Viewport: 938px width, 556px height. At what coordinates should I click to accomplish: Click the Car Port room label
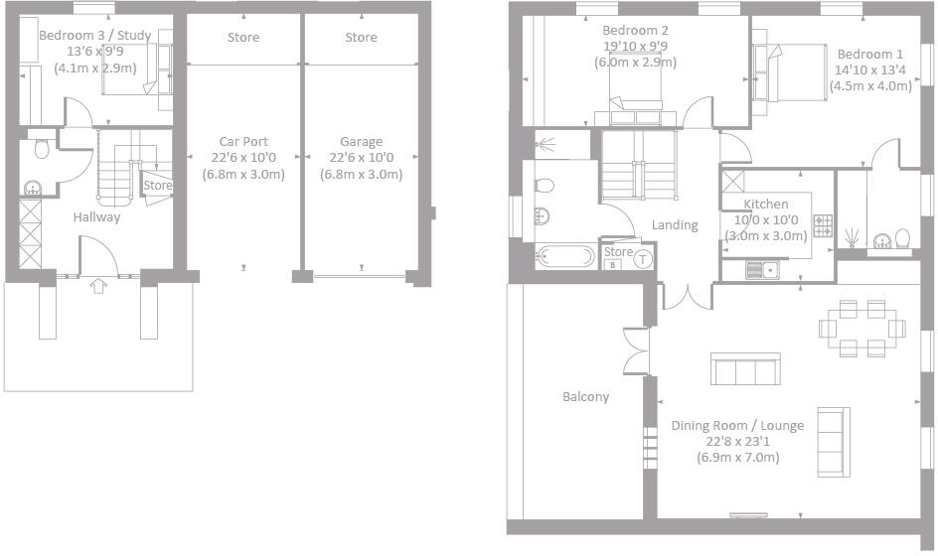[243, 142]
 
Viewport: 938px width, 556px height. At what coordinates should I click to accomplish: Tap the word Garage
[361, 142]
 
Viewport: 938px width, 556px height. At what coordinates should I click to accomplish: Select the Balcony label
[585, 397]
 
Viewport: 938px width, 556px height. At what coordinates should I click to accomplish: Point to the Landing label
[675, 225]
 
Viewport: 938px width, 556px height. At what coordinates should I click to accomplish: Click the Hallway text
[96, 217]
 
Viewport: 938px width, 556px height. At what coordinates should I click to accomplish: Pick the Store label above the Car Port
[243, 38]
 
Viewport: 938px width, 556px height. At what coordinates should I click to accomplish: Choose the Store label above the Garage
[361, 38]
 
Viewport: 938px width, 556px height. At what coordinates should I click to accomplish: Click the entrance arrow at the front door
[97, 287]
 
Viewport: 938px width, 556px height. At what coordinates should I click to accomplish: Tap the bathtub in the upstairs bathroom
[564, 258]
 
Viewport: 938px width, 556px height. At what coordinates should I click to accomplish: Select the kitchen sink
[762, 268]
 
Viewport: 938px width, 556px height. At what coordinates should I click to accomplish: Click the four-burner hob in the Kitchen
[823, 226]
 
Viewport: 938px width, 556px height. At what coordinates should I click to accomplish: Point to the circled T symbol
[642, 260]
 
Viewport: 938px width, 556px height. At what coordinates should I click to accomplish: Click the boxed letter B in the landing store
[613, 264]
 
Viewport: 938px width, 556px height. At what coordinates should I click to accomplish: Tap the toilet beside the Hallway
[41, 149]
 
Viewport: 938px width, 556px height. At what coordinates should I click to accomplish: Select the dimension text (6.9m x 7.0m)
[737, 458]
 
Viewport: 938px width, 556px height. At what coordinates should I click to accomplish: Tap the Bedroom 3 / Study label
[94, 37]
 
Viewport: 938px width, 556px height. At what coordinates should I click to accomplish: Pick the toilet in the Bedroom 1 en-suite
[902, 238]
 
